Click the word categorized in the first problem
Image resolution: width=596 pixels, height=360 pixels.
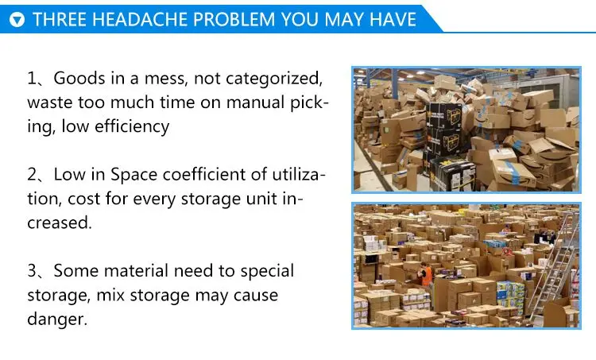(272, 79)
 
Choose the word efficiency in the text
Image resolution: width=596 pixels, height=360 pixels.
(130, 126)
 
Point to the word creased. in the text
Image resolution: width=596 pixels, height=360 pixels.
(60, 223)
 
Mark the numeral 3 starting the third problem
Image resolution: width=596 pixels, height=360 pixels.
(33, 271)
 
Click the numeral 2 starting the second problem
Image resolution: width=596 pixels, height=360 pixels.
(33, 175)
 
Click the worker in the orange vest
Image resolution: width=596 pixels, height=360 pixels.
(425, 275)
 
